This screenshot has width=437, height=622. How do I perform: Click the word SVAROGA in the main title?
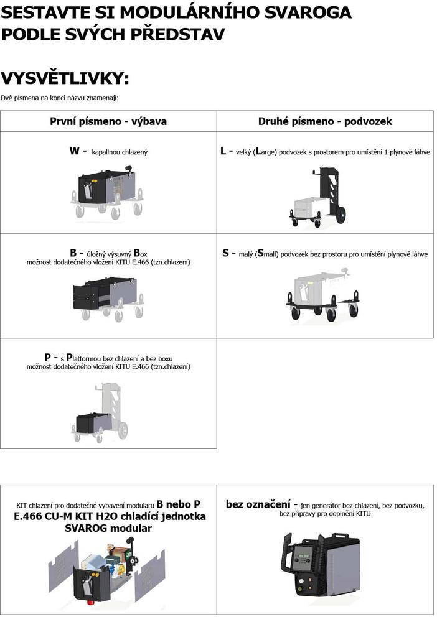308,12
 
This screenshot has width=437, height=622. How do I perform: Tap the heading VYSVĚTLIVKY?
65,78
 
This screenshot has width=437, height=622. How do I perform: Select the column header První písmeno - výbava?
108,121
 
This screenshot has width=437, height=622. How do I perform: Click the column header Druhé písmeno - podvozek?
325,121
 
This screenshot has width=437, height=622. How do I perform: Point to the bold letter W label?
74,151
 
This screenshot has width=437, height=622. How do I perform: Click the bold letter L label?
223,151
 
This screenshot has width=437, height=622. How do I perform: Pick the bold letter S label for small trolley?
225,253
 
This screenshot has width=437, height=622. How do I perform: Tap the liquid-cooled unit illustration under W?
108,192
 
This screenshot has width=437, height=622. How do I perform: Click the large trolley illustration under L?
318,197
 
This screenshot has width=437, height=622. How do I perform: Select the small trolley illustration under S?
323,295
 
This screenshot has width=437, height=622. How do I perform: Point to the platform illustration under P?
100,412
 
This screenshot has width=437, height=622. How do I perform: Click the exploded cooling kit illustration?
107,570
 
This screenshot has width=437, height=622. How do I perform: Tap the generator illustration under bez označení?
321,565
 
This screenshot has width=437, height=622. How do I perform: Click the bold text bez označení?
258,504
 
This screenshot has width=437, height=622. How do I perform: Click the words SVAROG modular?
108,528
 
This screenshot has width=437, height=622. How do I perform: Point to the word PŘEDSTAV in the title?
178,34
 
